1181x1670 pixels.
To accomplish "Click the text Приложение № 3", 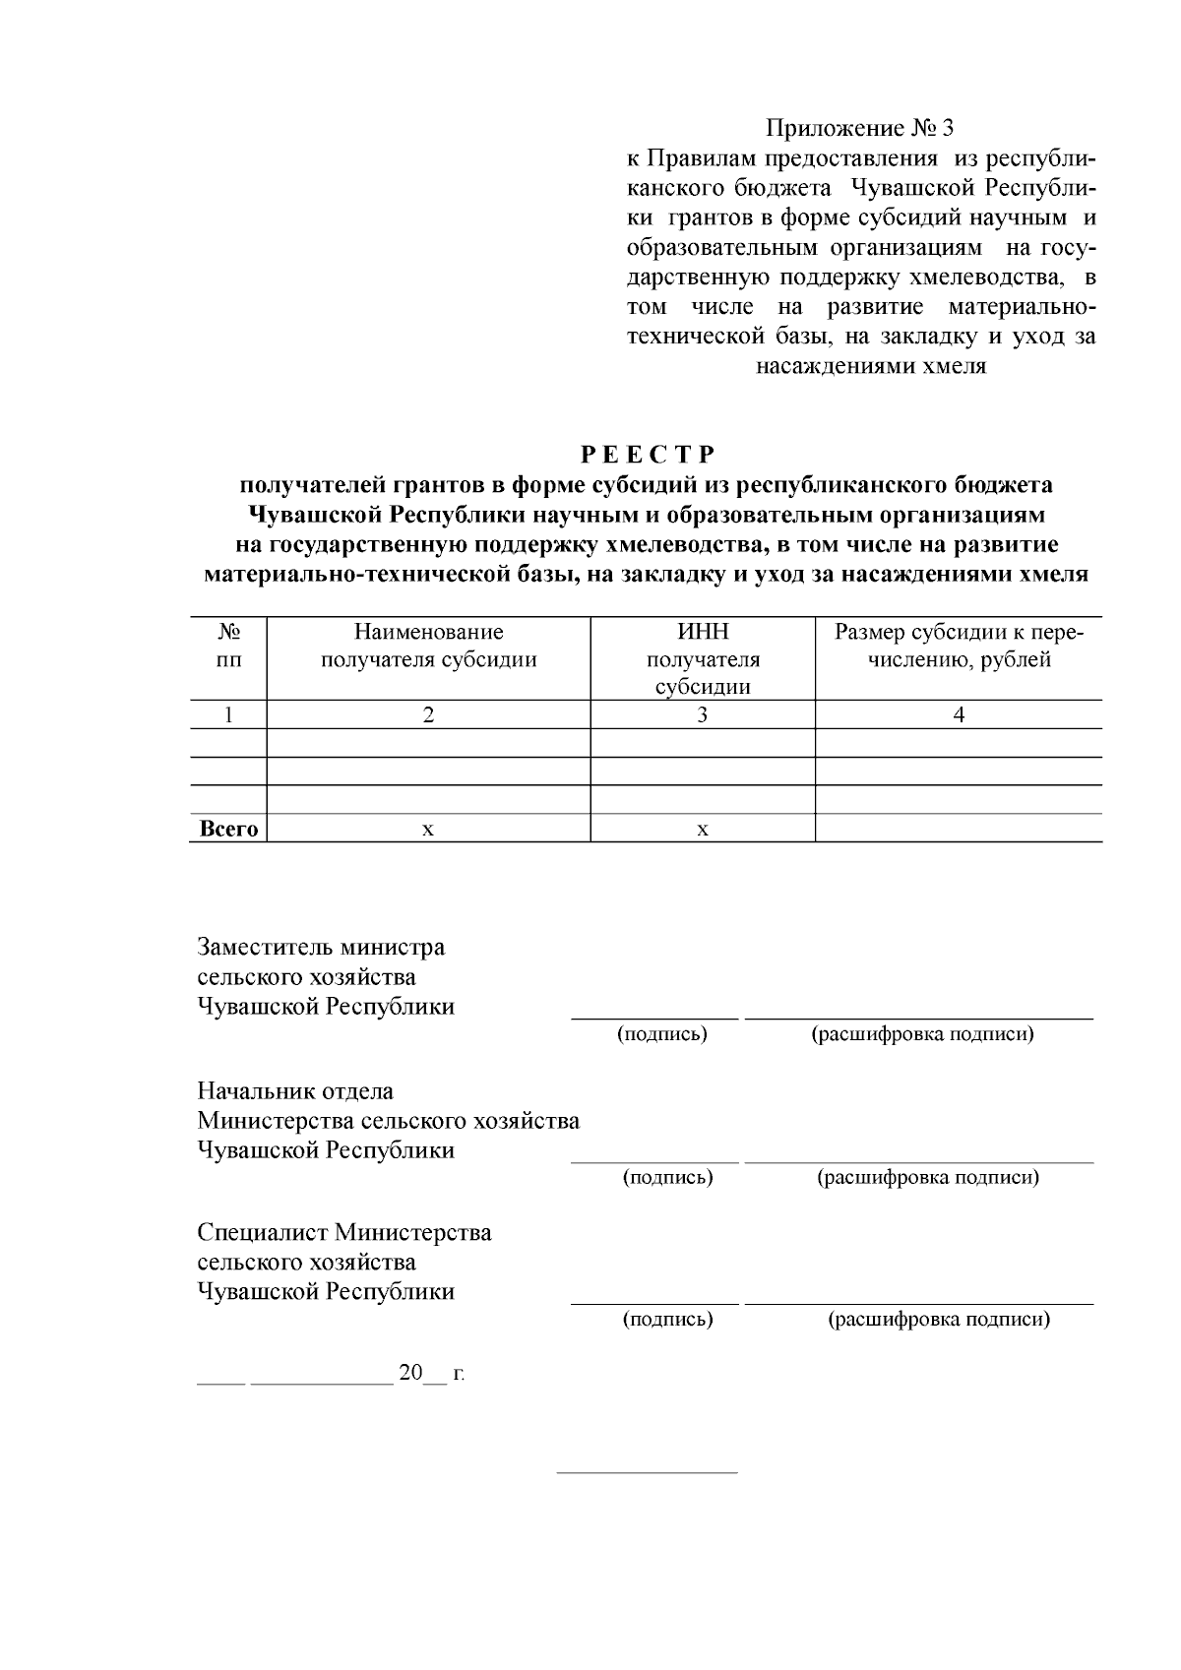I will (x=860, y=128).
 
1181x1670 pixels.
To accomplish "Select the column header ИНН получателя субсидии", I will (x=703, y=658).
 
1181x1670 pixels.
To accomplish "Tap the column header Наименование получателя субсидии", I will (x=428, y=646).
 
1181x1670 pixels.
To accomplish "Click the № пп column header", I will (x=228, y=646).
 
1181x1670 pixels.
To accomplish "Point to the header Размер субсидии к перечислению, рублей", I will (x=959, y=646).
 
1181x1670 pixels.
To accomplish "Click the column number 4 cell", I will (x=959, y=715).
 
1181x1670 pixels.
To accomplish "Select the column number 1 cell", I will (x=228, y=715).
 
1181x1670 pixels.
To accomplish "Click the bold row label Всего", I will (x=228, y=829).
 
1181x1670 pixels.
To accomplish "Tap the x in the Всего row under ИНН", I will (x=703, y=830).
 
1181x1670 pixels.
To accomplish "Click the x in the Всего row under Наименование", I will (x=428, y=830).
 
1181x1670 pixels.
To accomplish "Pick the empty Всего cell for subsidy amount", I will (x=959, y=829).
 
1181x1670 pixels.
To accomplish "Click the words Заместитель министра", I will (x=321, y=947).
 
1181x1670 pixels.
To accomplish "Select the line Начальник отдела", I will (x=295, y=1090).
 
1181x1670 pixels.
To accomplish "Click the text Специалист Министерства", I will (x=344, y=1232).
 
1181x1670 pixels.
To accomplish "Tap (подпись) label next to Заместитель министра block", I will (x=662, y=1034).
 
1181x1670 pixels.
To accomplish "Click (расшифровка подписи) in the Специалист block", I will (x=939, y=1319).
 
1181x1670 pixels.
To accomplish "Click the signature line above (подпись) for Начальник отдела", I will (x=654, y=1162).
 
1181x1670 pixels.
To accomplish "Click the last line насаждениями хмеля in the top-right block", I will (x=871, y=367).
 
